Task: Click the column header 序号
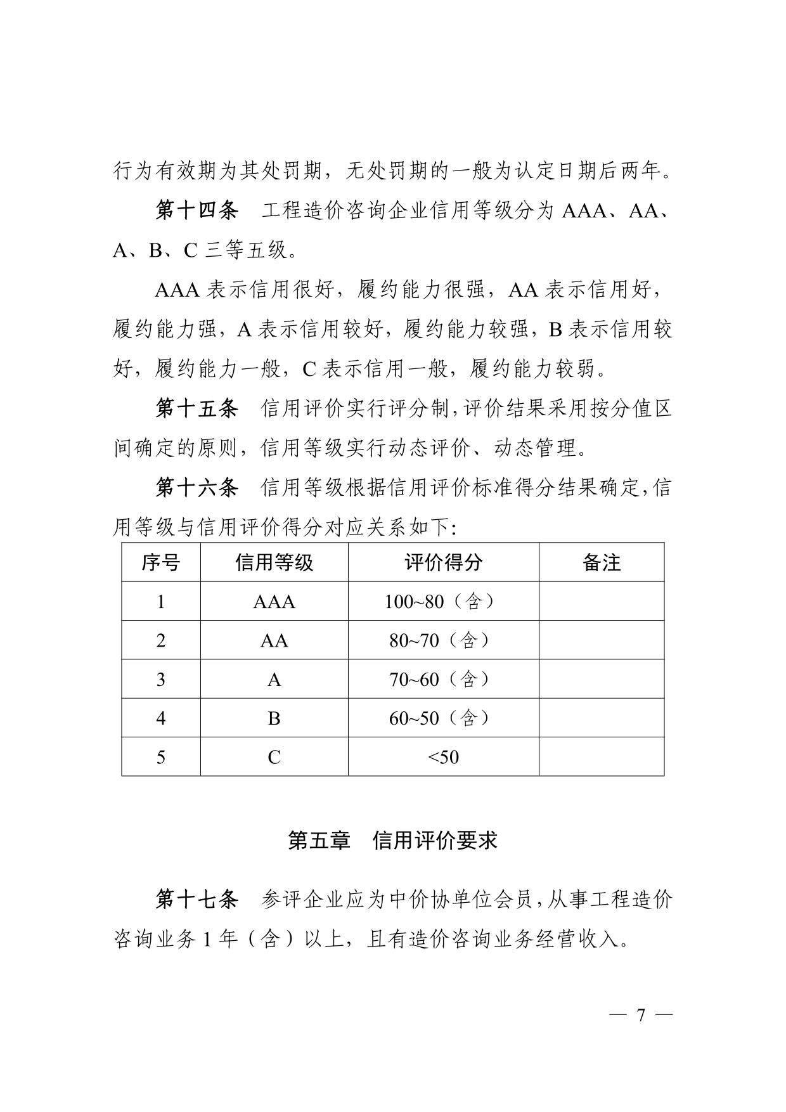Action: click(x=160, y=562)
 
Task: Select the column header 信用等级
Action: click(x=274, y=562)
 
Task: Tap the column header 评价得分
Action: click(x=443, y=562)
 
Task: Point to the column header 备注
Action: click(x=601, y=562)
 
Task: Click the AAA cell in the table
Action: click(x=274, y=602)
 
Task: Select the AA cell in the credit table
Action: click(x=274, y=641)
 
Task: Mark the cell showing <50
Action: click(x=443, y=757)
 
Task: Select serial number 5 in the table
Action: click(x=160, y=757)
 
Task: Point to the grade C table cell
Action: click(x=274, y=757)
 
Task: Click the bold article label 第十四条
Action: click(x=196, y=211)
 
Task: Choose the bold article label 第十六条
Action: click(x=196, y=488)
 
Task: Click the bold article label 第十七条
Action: click(x=196, y=900)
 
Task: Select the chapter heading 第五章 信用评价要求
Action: click(x=392, y=841)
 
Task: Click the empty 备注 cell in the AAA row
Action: click(x=601, y=602)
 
